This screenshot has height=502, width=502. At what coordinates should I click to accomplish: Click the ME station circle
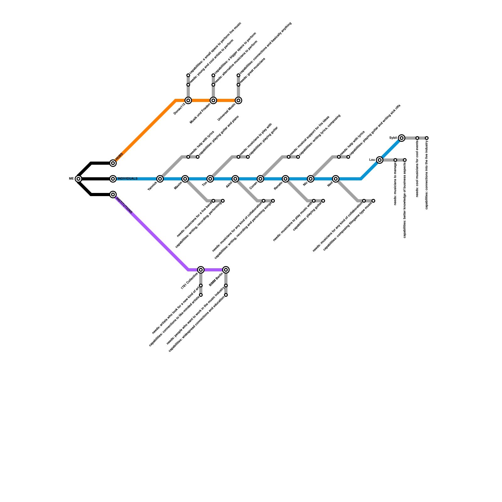point(78,179)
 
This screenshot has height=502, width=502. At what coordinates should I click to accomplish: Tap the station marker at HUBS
point(113,163)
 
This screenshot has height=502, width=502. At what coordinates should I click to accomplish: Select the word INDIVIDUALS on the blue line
point(127,179)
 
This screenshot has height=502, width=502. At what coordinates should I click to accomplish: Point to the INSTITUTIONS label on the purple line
point(124,205)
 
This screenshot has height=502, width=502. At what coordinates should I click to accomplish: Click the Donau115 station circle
point(188,100)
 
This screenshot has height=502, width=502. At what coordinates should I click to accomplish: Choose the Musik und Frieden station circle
point(213,100)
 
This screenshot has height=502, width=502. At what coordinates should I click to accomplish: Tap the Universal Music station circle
point(238,100)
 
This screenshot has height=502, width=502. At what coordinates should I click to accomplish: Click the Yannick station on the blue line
point(160,179)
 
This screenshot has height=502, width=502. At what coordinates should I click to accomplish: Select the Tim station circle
point(210,179)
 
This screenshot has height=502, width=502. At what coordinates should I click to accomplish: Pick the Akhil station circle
point(235,179)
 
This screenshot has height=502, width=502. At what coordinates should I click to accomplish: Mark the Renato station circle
point(286,179)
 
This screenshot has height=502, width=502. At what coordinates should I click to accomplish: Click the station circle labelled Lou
point(380,160)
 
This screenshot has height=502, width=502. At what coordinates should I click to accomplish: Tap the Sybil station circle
point(402,138)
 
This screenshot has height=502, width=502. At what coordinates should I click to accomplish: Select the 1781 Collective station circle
point(201,270)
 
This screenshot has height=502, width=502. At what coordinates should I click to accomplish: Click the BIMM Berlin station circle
point(226,270)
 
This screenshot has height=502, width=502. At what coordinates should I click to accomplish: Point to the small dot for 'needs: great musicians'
point(238,85)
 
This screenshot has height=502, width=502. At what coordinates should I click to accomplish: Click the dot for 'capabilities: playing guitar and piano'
point(198,157)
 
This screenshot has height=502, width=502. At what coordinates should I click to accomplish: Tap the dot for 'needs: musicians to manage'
point(395,160)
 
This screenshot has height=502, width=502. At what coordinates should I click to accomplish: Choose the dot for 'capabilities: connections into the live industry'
point(427,138)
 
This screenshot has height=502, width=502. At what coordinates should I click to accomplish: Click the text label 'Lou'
point(372,160)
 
